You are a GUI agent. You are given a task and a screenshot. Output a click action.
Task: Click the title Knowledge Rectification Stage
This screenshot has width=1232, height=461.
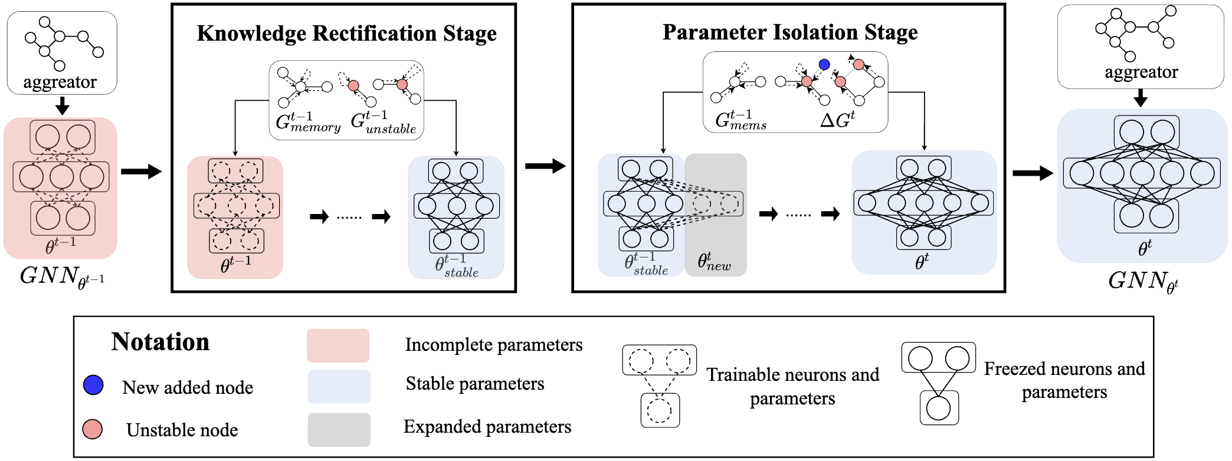click(346, 34)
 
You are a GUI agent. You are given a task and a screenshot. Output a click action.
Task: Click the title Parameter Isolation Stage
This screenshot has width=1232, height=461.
click(789, 32)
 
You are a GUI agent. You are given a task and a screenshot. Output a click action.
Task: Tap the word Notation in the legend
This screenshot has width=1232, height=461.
click(160, 342)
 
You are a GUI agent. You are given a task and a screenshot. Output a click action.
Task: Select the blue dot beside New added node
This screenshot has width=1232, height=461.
click(93, 385)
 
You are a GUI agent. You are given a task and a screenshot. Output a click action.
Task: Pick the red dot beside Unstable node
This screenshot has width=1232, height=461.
click(93, 429)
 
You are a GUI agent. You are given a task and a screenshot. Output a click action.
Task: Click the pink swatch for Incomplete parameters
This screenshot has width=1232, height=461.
click(338, 345)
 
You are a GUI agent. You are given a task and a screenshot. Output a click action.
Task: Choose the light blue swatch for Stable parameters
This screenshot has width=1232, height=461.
click(339, 387)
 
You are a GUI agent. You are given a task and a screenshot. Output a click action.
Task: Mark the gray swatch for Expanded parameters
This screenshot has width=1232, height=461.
click(339, 429)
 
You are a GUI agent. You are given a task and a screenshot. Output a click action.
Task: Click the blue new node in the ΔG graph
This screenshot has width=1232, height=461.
click(824, 64)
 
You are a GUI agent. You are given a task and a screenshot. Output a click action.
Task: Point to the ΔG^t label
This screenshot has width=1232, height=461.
click(837, 120)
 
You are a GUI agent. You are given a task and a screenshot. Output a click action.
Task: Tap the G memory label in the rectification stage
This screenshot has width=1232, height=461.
click(307, 122)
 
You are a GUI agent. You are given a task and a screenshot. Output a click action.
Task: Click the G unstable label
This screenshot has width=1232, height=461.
click(383, 123)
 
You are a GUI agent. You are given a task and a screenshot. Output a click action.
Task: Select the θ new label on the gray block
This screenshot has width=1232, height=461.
click(714, 261)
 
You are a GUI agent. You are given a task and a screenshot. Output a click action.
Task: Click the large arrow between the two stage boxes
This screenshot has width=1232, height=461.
click(545, 166)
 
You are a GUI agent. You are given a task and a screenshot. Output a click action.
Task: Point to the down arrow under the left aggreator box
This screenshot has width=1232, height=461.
click(62, 106)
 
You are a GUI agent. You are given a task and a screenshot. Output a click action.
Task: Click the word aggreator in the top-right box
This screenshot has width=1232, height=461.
click(1141, 72)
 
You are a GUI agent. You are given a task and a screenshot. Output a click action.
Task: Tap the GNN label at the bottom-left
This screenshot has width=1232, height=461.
click(61, 276)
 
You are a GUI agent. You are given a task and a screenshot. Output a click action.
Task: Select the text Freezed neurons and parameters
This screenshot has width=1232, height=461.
click(1064, 380)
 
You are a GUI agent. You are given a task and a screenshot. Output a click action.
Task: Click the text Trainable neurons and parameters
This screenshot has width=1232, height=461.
click(792, 386)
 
